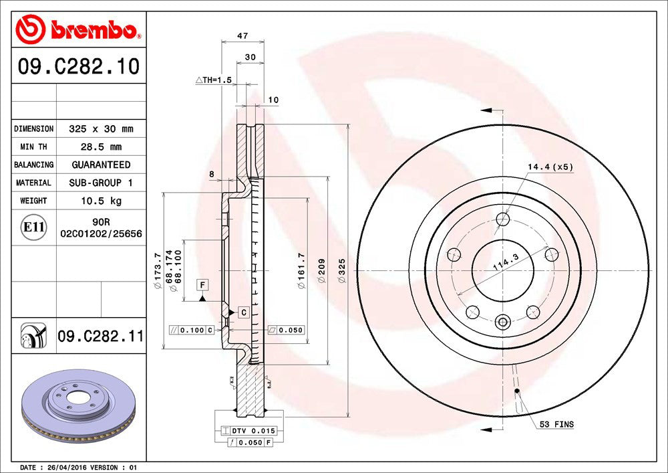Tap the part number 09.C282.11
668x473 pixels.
tap(100, 337)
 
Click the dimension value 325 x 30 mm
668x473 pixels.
tap(101, 128)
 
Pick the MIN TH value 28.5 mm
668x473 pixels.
tap(101, 147)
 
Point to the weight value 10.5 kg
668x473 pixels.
tap(101, 200)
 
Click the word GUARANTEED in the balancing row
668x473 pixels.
tap(101, 165)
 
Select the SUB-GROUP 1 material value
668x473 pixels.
tap(101, 183)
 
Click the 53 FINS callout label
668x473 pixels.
tap(556, 424)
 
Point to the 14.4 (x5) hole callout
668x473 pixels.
tap(550, 167)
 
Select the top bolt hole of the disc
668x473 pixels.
tap(503, 219)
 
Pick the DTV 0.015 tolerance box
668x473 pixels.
tap(252, 431)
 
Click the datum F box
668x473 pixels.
tap(200, 286)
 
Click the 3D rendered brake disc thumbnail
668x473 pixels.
tap(79, 407)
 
